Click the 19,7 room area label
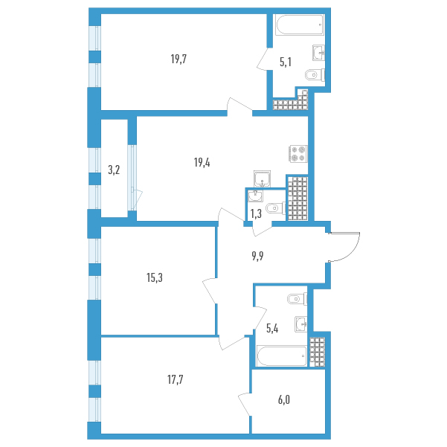point(179,60)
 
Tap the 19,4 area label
point(202,163)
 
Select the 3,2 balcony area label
point(114,170)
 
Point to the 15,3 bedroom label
point(155,277)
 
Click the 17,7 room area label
point(176,380)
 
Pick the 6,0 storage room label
point(284,400)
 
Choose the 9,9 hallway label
point(257,257)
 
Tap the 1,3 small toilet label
point(256,213)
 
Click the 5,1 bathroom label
point(286,62)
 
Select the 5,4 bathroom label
point(272,329)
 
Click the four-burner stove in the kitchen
point(298,154)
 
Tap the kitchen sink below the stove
point(262,179)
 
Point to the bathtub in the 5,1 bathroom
point(300,25)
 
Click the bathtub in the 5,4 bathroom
point(282,356)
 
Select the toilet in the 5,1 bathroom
point(315,75)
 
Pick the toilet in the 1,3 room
point(276,208)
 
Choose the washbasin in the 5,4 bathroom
point(301,324)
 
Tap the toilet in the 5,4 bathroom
point(298,299)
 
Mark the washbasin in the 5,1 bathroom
point(319,53)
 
